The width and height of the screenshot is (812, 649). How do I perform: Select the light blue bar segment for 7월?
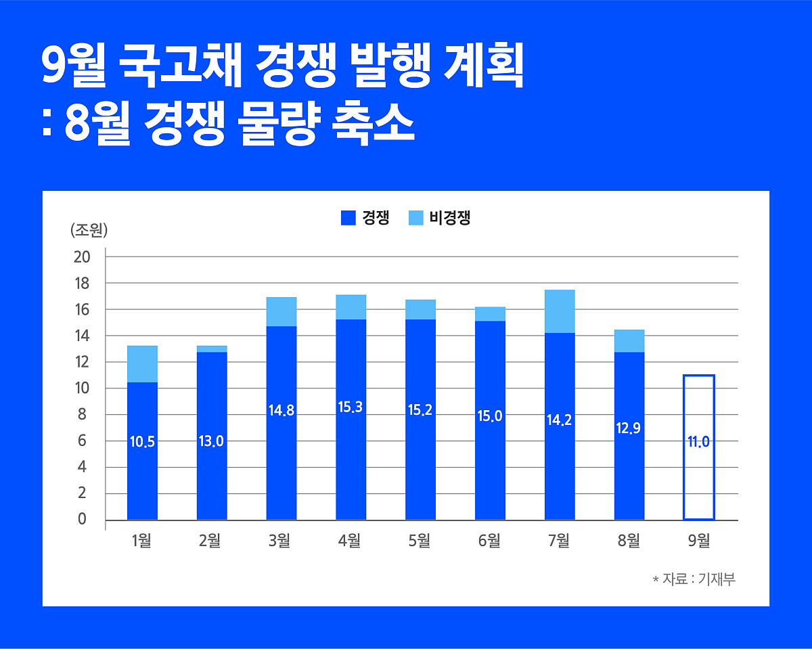pos(560,311)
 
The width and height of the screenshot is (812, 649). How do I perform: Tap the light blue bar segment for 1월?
pos(142,364)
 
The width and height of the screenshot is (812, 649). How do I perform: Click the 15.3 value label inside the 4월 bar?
pos(351,407)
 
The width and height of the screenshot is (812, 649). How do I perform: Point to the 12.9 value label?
pos(629,428)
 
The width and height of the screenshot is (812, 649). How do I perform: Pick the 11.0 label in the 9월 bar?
pos(699,442)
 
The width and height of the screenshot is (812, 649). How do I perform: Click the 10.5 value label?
pos(142,442)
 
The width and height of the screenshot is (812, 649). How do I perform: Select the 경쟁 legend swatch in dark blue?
pos(348,218)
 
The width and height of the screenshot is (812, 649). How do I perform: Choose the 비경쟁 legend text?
pos(449,218)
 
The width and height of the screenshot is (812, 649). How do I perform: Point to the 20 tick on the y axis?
pos(82,256)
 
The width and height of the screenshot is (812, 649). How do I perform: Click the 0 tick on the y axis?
pos(82,520)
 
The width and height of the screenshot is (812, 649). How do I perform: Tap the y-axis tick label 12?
pos(82,362)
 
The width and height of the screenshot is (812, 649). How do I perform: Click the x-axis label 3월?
pos(279,541)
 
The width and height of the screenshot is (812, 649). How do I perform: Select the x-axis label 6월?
pos(489,541)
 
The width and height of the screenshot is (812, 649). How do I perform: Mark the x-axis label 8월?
pos(629,541)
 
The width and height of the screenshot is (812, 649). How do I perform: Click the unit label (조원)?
pos(89,230)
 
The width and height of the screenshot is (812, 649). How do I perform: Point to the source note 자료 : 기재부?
pos(697,580)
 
